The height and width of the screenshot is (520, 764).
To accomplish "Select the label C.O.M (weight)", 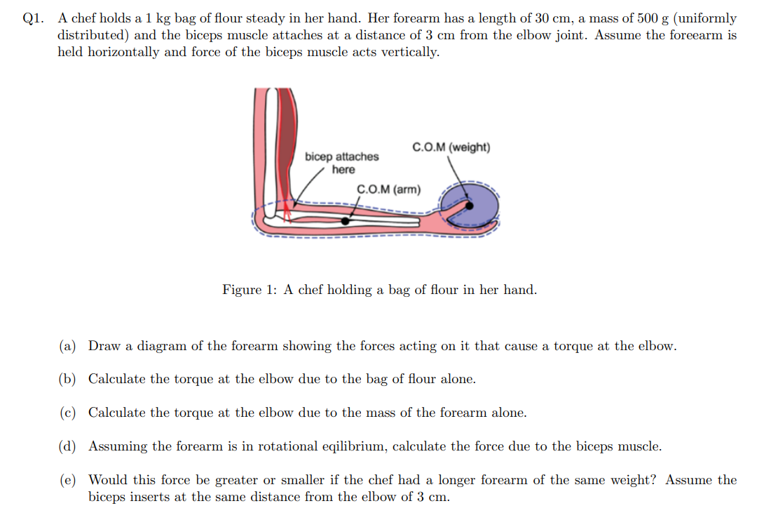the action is (451, 147).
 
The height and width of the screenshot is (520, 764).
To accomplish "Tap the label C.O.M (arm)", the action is (389, 189).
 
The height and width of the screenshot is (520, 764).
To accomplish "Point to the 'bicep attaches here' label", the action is (342, 163).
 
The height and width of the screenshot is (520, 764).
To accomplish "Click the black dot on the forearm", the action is (346, 220).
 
